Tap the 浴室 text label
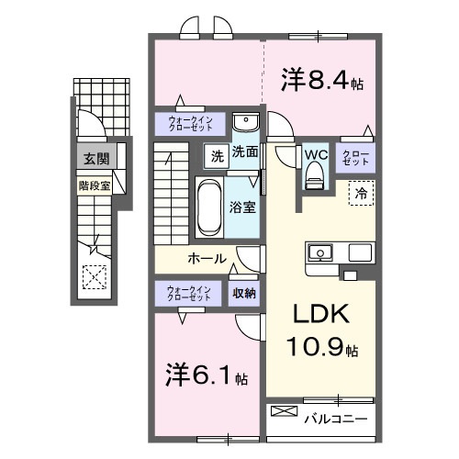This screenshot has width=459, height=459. point(243,207)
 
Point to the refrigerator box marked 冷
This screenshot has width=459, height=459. point(361,194)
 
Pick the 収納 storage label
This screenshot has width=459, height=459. point(244,294)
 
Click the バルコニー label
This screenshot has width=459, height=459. point(336,420)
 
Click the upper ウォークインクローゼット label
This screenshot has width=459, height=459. point(190,123)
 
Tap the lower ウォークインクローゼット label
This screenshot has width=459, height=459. point(190,294)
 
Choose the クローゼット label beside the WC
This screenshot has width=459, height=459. point(355,156)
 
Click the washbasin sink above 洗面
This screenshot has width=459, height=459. point(244,123)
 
